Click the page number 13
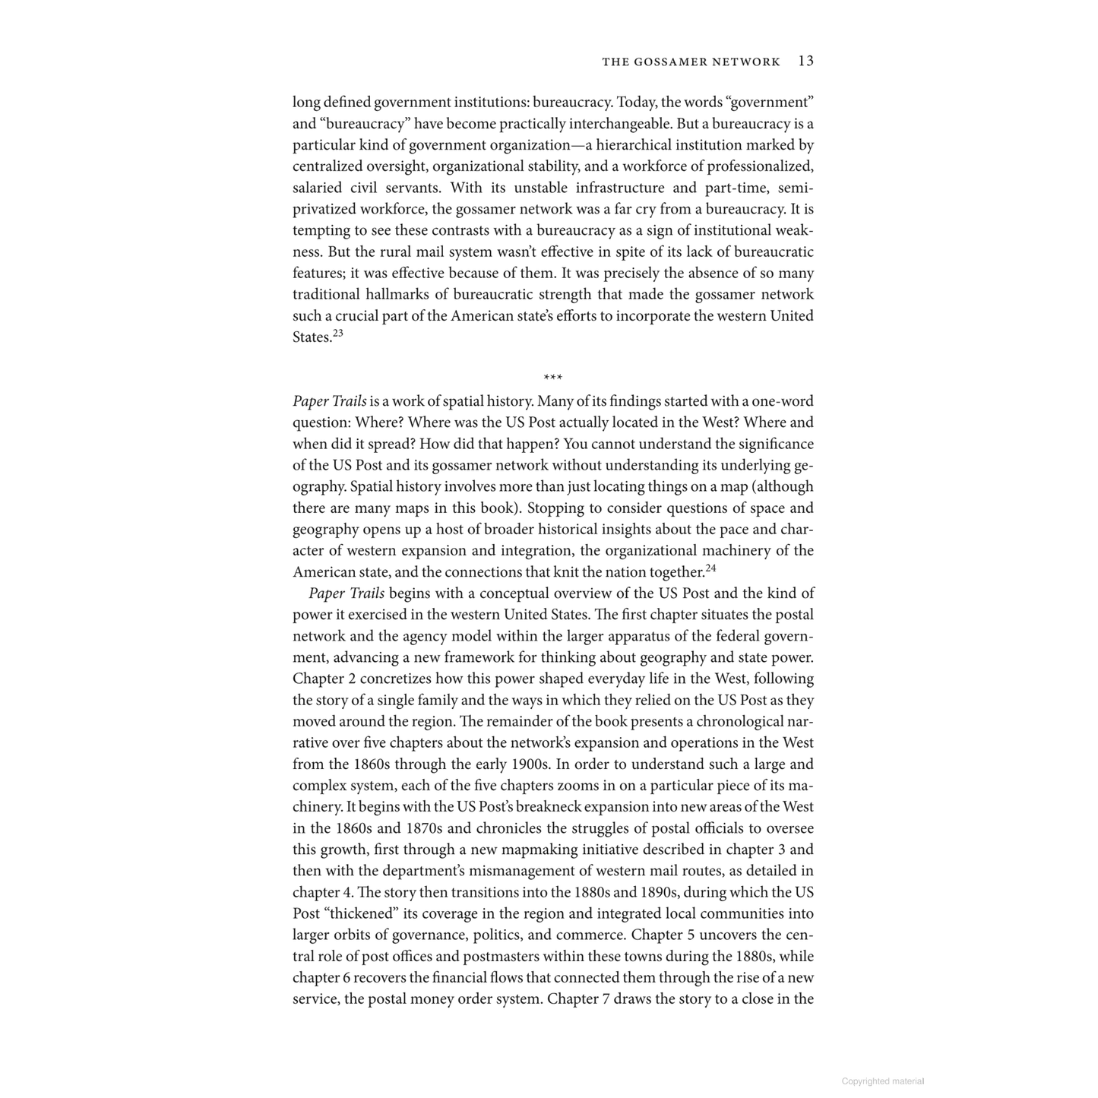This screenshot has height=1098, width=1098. click(805, 62)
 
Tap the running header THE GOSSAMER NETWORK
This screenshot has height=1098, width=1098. click(691, 62)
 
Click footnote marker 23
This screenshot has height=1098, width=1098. click(338, 333)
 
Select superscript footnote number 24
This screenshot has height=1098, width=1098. click(710, 568)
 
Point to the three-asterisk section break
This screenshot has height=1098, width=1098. click(552, 378)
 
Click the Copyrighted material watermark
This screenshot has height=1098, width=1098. click(882, 1081)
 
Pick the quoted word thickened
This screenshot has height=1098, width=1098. click(359, 914)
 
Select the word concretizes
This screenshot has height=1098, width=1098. click(395, 679)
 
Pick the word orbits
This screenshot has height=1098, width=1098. click(354, 935)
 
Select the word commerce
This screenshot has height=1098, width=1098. click(596, 935)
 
